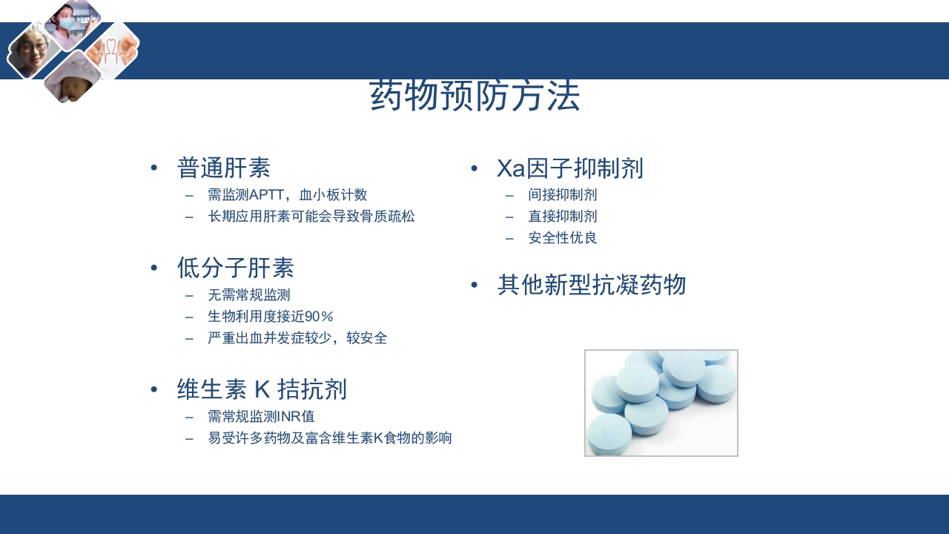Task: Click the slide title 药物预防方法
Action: pos(474,97)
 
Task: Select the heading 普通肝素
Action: pos(223,168)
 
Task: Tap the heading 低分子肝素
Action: pos(235,268)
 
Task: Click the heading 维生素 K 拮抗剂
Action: pos(262,389)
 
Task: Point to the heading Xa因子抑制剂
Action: pos(569,169)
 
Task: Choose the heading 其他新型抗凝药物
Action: pos(592,286)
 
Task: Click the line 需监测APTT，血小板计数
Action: pos(287,195)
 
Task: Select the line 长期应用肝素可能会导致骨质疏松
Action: pos(311,217)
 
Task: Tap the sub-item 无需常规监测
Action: pos(248,294)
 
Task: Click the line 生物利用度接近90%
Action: pos(271,316)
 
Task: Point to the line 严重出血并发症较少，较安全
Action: pos(297,338)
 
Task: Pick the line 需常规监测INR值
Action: pos(261,417)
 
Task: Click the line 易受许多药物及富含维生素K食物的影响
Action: pos(329,438)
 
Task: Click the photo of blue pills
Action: pos(661,403)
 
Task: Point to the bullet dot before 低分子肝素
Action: pos(154,267)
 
